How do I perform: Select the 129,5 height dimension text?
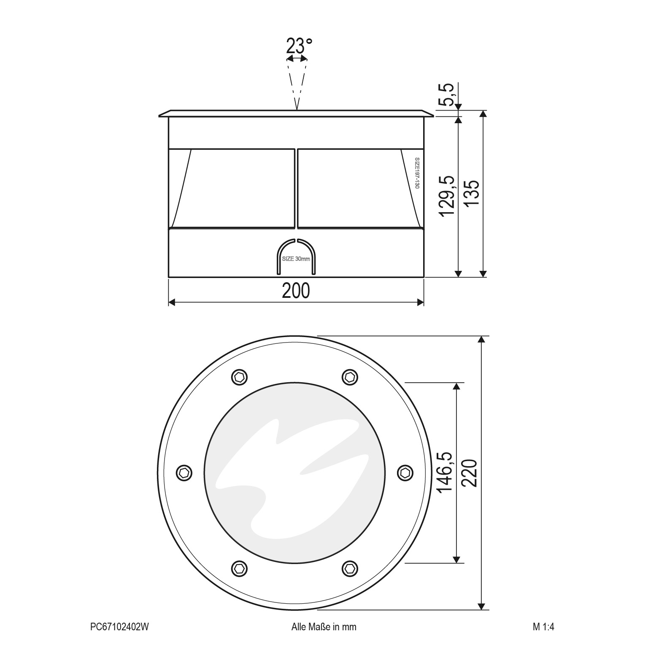click(447, 196)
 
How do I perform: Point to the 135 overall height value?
click(472, 193)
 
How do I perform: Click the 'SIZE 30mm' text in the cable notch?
click(296, 259)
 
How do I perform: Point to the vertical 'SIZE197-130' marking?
click(417, 173)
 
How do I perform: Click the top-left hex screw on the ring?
click(240, 376)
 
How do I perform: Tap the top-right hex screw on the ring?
click(349, 376)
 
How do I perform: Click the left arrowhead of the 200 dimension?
click(172, 302)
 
